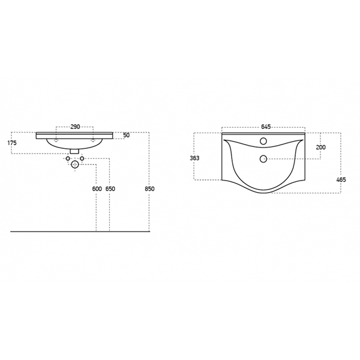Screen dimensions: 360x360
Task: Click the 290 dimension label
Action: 75,127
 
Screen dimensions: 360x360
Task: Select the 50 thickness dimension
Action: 126,135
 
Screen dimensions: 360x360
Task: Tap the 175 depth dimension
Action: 12,143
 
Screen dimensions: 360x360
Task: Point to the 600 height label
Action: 97,189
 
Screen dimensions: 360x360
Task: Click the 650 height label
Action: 110,189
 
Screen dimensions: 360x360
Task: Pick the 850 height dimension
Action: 149,189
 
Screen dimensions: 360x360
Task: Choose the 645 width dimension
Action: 266,127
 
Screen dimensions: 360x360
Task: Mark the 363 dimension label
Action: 194,158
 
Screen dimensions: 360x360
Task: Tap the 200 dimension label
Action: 321,147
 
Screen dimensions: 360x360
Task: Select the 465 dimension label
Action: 341,179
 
